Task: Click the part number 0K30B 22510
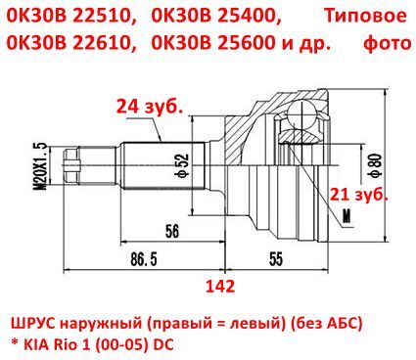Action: tap(68, 15)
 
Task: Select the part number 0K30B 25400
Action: tap(215, 15)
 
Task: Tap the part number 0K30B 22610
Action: tap(68, 43)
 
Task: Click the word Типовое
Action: tap(365, 16)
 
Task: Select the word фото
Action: tap(388, 43)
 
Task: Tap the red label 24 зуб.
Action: tap(149, 106)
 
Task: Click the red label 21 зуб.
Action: tap(358, 195)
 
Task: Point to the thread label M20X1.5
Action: tap(43, 165)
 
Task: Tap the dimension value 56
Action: tap(172, 231)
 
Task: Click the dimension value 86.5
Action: tap(144, 259)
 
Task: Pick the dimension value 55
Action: tap(276, 259)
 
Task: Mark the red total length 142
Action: tap(220, 287)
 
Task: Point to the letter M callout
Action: tap(347, 215)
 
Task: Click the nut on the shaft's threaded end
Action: tap(71, 165)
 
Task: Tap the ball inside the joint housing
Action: tap(302, 114)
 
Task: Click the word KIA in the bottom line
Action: tap(34, 344)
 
